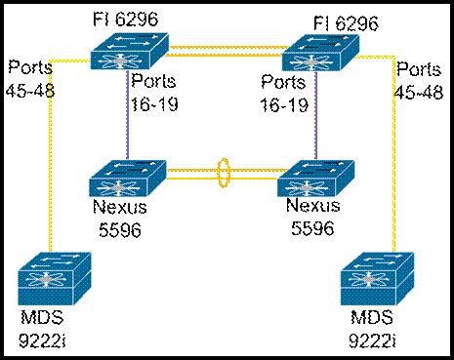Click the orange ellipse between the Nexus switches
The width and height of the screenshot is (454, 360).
[x=224, y=177]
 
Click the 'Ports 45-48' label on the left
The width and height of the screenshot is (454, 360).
[x=30, y=77]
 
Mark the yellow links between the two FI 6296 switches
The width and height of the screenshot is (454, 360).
[x=221, y=48]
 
